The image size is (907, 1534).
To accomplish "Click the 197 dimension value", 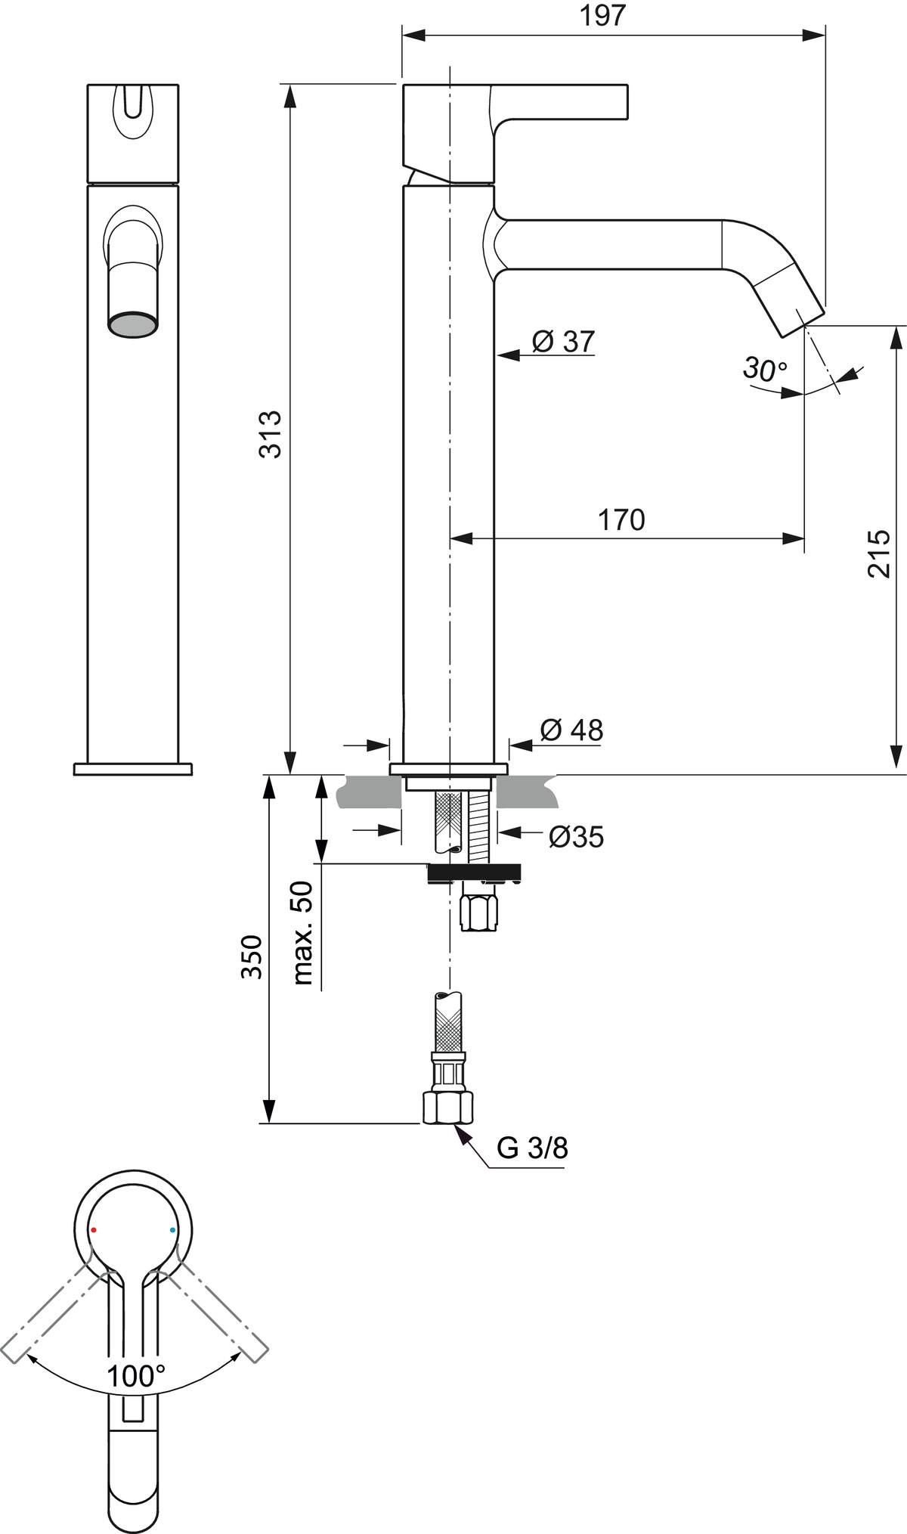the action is point(603,15).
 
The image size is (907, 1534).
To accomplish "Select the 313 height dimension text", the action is point(270,434).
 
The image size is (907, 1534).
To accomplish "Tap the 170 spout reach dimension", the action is point(621,519).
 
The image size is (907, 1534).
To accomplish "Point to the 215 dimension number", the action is point(878,554).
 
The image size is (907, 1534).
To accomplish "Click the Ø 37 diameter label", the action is point(564,341).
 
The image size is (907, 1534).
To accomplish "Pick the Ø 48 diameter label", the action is point(572,730).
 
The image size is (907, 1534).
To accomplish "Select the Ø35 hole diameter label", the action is point(577,837).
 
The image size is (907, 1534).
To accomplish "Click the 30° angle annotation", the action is point(765,369).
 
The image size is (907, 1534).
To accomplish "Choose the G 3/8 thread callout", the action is point(532,1148).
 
